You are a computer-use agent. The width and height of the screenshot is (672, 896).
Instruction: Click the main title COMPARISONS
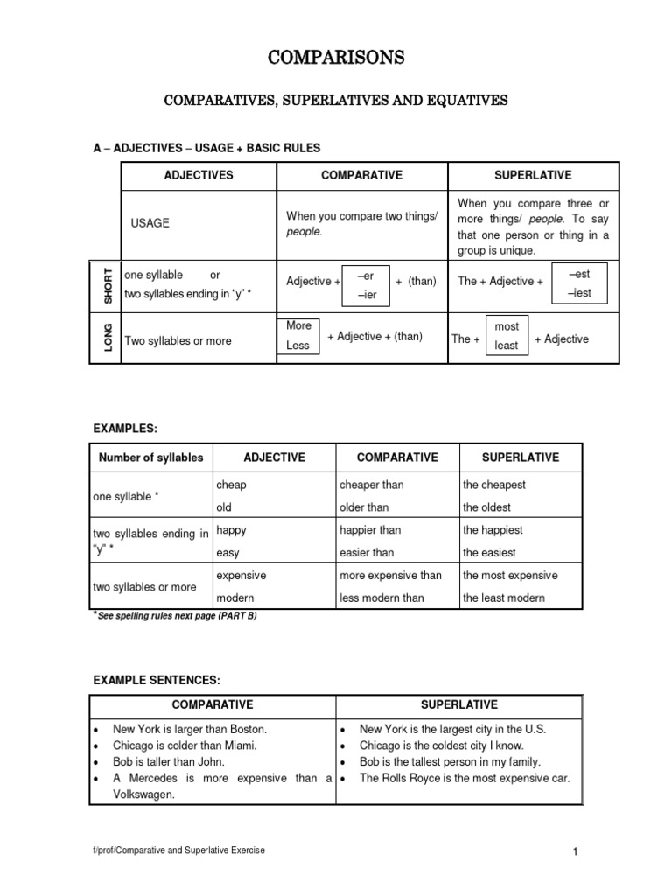[x=336, y=59]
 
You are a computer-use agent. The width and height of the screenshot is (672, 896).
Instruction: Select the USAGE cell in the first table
[x=150, y=223]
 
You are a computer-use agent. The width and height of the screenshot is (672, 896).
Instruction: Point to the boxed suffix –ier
[x=366, y=295]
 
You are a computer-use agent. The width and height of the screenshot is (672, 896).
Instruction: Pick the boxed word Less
[x=297, y=346]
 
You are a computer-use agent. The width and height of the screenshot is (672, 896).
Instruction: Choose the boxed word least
[x=507, y=346]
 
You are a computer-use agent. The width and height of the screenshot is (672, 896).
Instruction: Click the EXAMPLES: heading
[x=125, y=428]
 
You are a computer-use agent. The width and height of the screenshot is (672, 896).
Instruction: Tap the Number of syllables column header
[x=150, y=458]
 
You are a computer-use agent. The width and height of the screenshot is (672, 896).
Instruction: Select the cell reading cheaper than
[x=371, y=485]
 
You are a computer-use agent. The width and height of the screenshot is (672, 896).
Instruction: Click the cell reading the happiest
[x=493, y=530]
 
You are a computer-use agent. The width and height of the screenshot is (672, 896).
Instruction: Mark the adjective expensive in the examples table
[x=241, y=576]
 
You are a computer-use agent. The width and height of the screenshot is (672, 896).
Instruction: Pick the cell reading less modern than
[x=381, y=598]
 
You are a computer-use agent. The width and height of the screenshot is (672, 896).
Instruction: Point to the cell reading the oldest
[x=486, y=507]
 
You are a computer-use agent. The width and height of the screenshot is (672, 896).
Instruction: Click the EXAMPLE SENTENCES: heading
[x=157, y=680]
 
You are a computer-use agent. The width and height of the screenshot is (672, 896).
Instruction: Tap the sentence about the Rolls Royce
[x=464, y=778]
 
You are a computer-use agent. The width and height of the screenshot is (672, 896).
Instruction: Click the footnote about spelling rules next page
[x=175, y=616]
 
